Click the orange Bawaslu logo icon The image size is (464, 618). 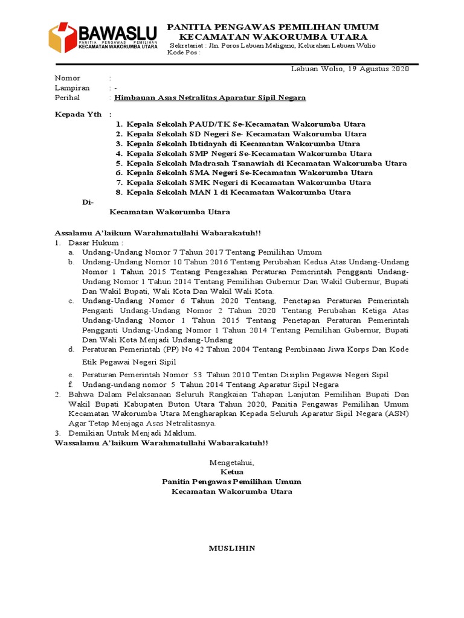(x=59, y=37)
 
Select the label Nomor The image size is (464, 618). (x=67, y=78)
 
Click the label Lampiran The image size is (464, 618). (x=72, y=88)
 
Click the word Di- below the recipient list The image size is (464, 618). (x=88, y=202)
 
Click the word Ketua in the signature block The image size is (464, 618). (x=232, y=472)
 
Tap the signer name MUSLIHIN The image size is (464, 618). (x=232, y=549)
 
